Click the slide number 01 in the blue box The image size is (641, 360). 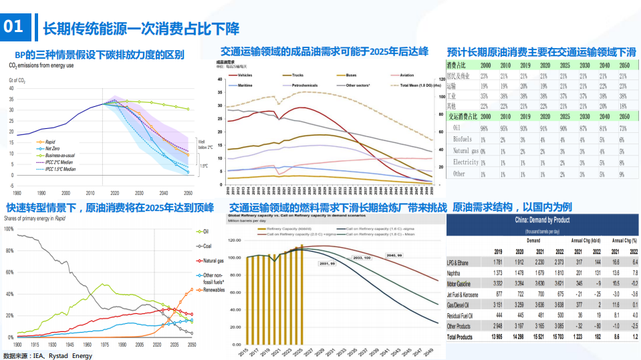pos(14,27)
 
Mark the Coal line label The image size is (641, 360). pos(209,245)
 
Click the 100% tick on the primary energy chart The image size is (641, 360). pos(9,228)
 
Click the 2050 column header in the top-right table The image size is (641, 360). pos(624,65)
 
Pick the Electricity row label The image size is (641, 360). pos(466,162)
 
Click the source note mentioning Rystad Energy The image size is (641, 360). pos(47,355)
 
